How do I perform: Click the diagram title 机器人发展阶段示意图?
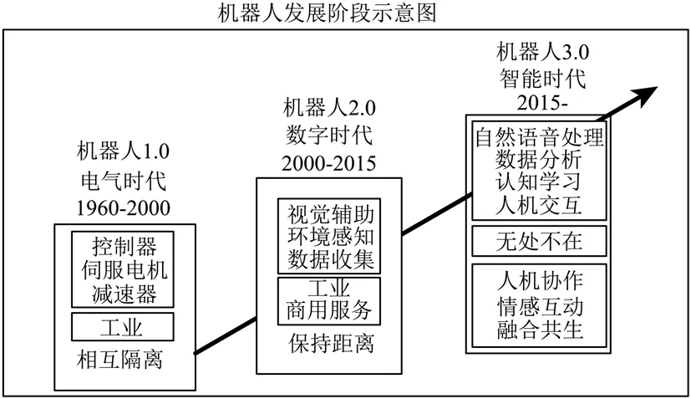pyautogui.click(x=344, y=13)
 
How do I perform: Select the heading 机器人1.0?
pyautogui.click(x=123, y=152)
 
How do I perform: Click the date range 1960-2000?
pyautogui.click(x=123, y=207)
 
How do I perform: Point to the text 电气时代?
pyautogui.click(x=123, y=180)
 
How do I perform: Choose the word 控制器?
pyautogui.click(x=124, y=246)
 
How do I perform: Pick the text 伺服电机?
pyautogui.click(x=124, y=269)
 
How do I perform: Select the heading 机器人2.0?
pyautogui.click(x=330, y=107)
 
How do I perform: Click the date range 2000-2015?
pyautogui.click(x=330, y=161)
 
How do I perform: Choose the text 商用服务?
pyautogui.click(x=328, y=310)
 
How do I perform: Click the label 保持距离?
pyautogui.click(x=328, y=343)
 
